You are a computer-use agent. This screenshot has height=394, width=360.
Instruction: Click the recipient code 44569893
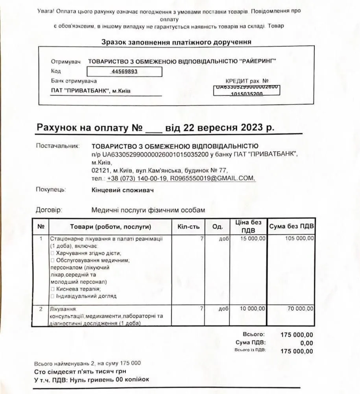(x=124, y=72)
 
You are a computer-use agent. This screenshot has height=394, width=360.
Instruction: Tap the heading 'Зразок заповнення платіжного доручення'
(x=176, y=42)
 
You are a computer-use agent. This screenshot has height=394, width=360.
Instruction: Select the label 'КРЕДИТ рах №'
(x=247, y=81)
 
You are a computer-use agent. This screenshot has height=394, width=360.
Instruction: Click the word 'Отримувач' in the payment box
(x=66, y=62)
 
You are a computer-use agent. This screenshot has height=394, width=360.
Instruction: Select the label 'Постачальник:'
(x=58, y=146)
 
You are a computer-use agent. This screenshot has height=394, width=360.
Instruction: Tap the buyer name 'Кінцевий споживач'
(x=122, y=190)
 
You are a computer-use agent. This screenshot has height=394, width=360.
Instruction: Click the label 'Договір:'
(x=49, y=210)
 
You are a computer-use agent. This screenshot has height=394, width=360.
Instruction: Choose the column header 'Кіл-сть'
(x=188, y=227)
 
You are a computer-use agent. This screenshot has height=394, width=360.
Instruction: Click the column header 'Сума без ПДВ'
(x=291, y=226)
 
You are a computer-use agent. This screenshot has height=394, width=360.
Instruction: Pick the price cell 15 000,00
(x=253, y=238)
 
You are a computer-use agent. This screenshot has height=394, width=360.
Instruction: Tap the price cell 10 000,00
(x=253, y=309)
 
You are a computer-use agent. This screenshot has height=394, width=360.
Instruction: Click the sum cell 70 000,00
(x=301, y=309)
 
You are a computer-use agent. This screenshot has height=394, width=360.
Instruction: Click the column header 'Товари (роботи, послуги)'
(x=110, y=227)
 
